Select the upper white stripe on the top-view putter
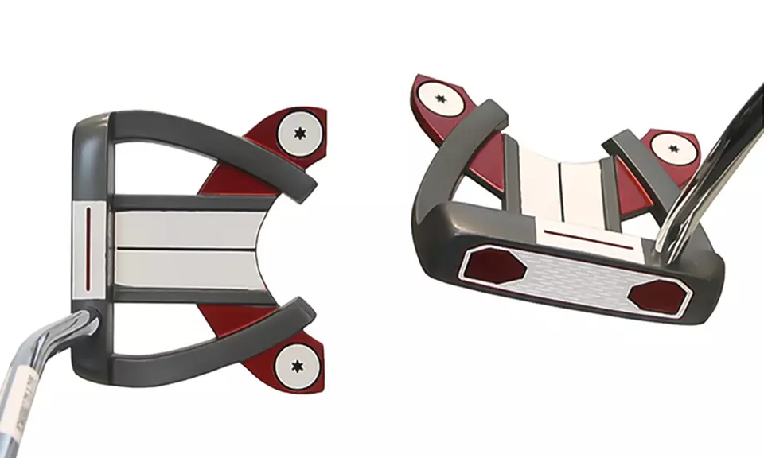(x=183, y=230)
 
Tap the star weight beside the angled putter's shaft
(x=667, y=148)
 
